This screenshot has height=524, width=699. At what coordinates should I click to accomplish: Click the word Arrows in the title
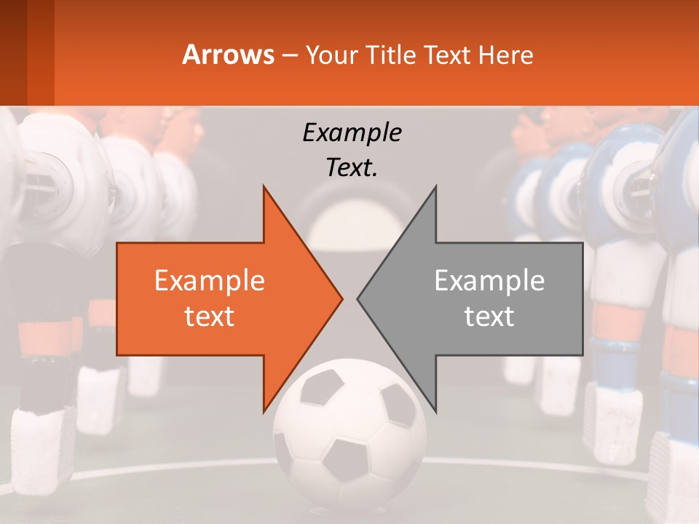(x=228, y=55)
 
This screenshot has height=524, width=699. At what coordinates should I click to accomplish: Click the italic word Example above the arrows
(x=352, y=132)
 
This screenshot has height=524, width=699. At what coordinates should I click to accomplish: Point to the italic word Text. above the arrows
(x=352, y=168)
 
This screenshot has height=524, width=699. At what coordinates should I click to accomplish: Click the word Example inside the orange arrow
(x=209, y=281)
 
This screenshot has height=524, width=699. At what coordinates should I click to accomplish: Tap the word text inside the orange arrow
(x=209, y=316)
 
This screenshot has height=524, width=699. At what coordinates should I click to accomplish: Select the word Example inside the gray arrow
(x=489, y=281)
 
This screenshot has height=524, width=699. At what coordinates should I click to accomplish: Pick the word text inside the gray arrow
(x=489, y=316)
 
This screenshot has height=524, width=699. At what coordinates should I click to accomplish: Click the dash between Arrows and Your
(x=289, y=55)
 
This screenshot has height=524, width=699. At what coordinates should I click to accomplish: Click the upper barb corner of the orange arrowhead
(x=264, y=187)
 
